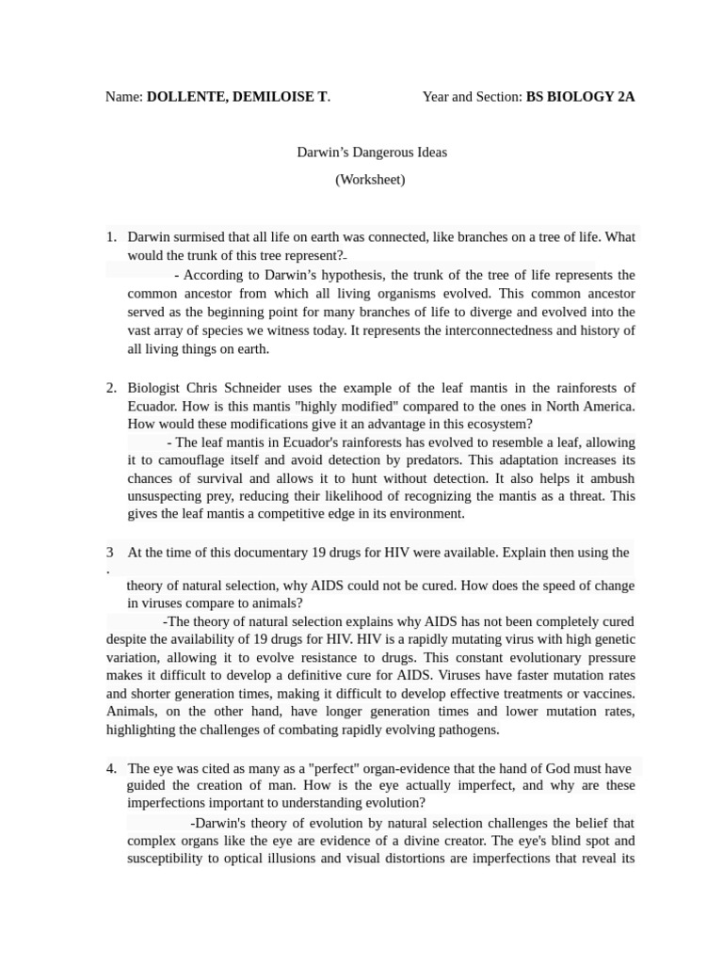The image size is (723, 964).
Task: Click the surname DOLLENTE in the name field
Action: tap(185, 97)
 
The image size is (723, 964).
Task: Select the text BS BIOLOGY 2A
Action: tap(580, 97)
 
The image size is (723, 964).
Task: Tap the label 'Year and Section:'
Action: tap(472, 97)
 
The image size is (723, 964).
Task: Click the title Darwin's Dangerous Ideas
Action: tap(371, 153)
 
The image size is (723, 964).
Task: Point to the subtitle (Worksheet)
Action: tap(370, 180)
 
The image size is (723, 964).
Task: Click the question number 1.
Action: tap(110, 237)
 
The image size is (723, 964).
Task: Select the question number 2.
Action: tap(110, 388)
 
